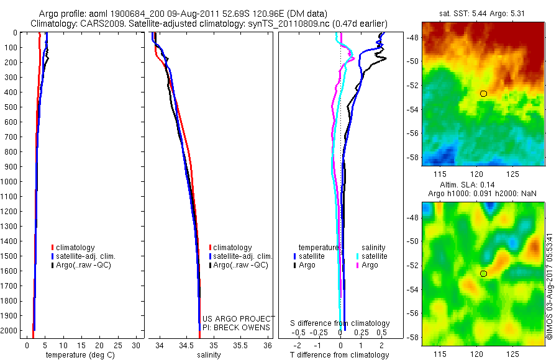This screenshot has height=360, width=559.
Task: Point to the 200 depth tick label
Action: (11, 62)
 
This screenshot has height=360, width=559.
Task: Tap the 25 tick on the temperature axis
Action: (117, 345)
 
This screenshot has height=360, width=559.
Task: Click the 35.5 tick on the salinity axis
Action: (240, 345)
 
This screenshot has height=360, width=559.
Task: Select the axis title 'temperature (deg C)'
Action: (80, 355)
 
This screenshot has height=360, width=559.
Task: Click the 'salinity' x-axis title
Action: (209, 355)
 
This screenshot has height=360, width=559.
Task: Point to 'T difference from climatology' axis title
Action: (339, 355)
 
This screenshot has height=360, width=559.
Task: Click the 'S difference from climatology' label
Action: (340, 323)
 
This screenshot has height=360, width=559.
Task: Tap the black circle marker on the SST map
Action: (483, 94)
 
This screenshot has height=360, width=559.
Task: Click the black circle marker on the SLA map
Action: (483, 274)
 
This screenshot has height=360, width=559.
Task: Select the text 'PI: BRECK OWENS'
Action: (237, 328)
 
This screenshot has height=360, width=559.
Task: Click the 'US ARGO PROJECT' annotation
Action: (239, 318)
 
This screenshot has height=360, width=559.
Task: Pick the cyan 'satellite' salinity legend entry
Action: (372, 256)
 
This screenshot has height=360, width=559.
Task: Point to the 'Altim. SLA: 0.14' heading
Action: (467, 185)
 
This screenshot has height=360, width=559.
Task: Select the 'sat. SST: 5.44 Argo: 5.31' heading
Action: (482, 14)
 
